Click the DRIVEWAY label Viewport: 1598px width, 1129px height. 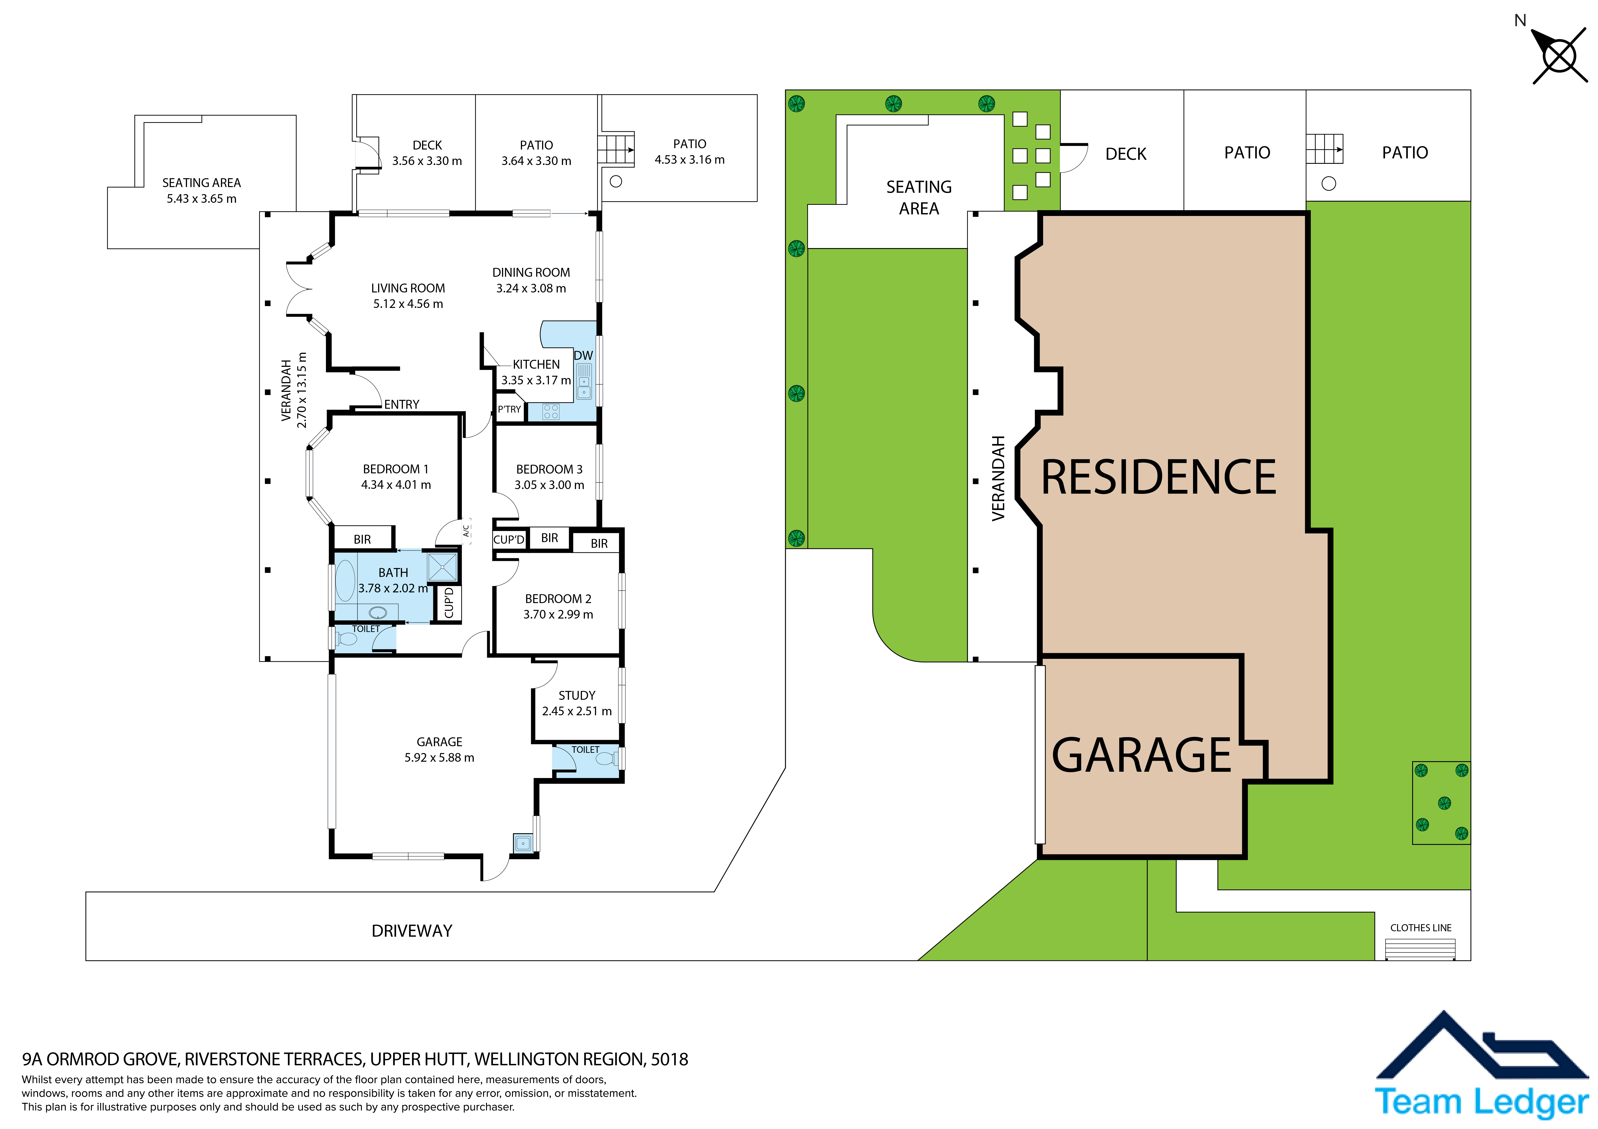pyautogui.click(x=412, y=931)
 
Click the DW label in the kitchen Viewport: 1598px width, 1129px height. pyautogui.click(x=583, y=355)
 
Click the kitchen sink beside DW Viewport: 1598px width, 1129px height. pyautogui.click(x=584, y=381)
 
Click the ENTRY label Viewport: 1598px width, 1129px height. pyautogui.click(x=402, y=404)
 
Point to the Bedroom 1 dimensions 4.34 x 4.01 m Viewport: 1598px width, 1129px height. pyautogui.click(x=396, y=485)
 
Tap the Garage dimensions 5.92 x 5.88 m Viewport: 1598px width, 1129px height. pyautogui.click(x=439, y=758)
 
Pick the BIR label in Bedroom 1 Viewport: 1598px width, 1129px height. pyautogui.click(x=362, y=539)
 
